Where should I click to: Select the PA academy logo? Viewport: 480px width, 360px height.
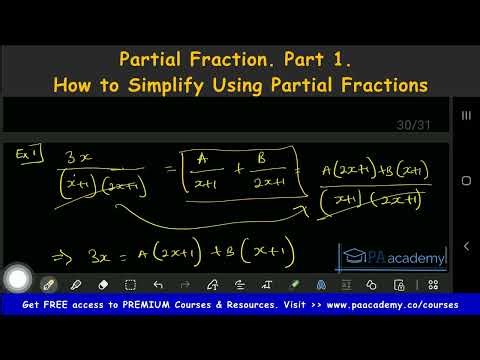[394, 258]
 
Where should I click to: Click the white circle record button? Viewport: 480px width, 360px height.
[18, 280]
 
